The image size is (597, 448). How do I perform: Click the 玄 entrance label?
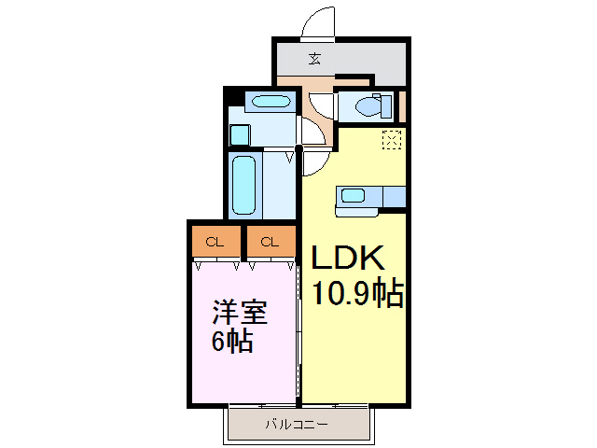coord(314,59)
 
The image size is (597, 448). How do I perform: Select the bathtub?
coord(244,185)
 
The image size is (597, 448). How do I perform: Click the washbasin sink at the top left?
coord(270,101)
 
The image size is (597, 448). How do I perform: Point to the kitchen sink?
coord(354,195)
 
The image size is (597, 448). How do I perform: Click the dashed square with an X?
coord(392,141)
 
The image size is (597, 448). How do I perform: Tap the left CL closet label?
coord(215,243)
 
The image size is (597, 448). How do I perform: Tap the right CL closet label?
coord(270,243)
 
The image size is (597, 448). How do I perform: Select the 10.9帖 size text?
coord(357,295)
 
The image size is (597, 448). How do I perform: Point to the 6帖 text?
coord(233,341)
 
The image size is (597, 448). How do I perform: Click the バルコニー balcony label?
coord(296,425)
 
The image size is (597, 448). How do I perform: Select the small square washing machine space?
coord(240,134)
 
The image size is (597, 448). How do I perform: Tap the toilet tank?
coord(385,106)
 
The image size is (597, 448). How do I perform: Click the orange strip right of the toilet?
coord(403,106)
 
